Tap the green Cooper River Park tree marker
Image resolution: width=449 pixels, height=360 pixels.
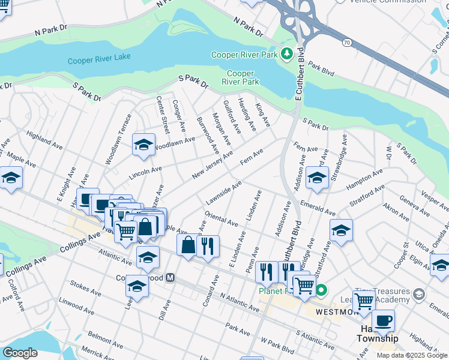[x=286, y=54]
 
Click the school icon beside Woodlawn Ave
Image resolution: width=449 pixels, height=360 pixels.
[x=143, y=145]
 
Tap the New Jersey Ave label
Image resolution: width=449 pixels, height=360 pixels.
[x=212, y=165]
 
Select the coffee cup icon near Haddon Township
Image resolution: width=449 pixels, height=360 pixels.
[x=383, y=320]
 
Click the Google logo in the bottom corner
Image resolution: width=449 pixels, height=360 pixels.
[x=20, y=353]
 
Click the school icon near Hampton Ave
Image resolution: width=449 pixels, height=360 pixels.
[x=316, y=178]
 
